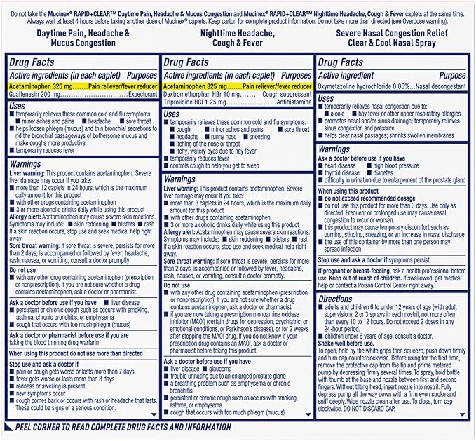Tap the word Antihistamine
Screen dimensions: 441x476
(293, 102)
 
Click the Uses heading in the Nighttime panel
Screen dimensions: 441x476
(172, 114)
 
